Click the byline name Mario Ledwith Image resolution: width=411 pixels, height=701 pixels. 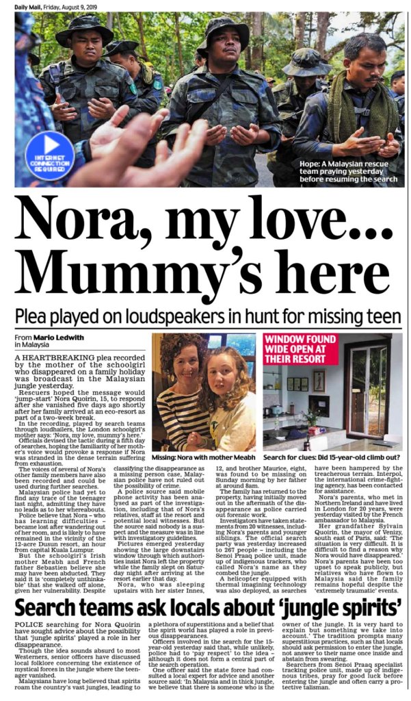(55, 337)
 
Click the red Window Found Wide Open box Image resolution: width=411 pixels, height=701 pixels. (302, 350)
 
